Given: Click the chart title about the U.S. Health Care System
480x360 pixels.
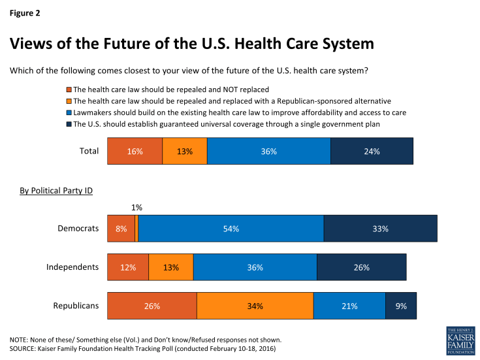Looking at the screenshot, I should point(192,44).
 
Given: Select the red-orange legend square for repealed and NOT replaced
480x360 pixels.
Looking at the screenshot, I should point(69,89).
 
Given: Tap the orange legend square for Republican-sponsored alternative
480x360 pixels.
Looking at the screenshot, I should point(69,101).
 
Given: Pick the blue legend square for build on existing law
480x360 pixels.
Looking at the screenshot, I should point(69,112).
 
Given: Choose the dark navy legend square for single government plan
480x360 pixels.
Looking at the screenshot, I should point(69,123).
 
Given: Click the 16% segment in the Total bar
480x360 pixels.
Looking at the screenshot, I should point(135,151).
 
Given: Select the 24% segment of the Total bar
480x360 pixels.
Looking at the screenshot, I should point(372,151).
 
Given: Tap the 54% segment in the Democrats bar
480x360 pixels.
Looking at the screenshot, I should point(231,229).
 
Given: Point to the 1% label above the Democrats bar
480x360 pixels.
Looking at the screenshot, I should point(136,207).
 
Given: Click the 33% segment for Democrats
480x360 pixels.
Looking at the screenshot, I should point(380,229).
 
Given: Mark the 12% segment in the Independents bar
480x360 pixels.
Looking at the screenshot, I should point(128,267).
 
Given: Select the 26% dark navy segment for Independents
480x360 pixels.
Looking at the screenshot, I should point(361,267).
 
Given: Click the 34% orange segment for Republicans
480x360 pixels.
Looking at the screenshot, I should point(255,306).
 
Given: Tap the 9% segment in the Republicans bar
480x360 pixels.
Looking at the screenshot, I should point(400,306).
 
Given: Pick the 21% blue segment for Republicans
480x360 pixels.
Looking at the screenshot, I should point(349,306).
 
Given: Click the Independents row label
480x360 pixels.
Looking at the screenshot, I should point(72,267).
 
